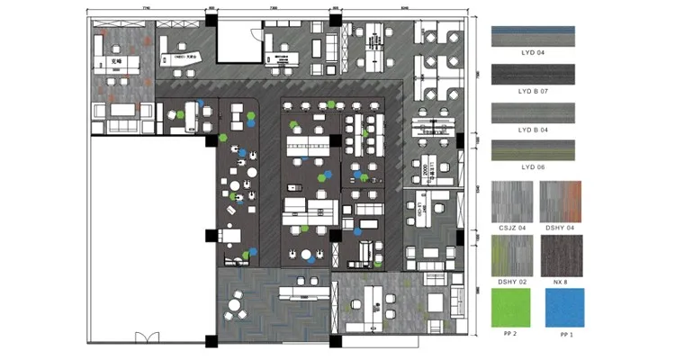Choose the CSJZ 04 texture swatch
coord(511,202)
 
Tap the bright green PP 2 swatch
coord(511,308)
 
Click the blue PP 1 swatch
coord(562,308)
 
